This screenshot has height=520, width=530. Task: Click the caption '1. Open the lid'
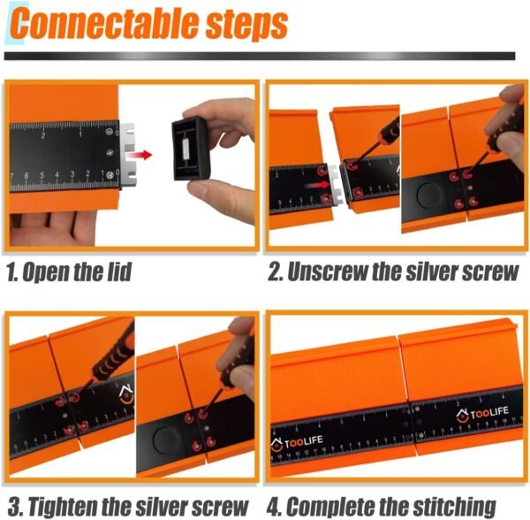[x=69, y=271]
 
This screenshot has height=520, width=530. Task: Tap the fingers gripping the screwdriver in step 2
[x=508, y=111]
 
